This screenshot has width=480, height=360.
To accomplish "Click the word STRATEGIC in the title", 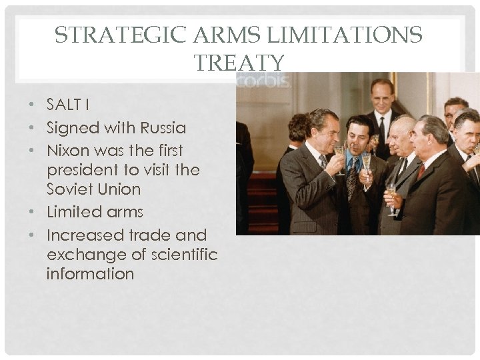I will pos(99,35).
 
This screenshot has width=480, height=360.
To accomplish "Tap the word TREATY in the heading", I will pos(239,63).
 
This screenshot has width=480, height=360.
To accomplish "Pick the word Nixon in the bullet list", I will pos(68,151).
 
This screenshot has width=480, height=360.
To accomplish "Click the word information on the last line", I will pos(90,274).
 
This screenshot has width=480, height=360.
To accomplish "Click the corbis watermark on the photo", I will pos(264,81).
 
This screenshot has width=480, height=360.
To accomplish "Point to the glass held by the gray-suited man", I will pos(391,197).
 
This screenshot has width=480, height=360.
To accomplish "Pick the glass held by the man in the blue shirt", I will pos(366,163).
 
